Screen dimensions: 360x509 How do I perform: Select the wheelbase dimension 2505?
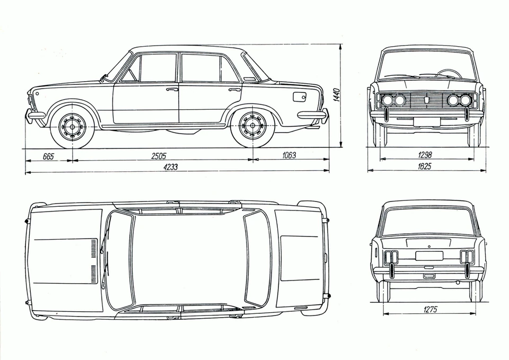coord(159,155)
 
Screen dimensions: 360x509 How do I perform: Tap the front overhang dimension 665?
coord(48,155)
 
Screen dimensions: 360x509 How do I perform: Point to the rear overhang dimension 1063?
coord(288,155)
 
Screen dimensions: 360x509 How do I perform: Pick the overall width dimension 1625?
coord(424,166)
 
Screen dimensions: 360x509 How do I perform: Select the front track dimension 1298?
coord(424,155)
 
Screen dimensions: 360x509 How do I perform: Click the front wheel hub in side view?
coord(72,127)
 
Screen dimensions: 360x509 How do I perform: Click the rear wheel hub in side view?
coord(252,127)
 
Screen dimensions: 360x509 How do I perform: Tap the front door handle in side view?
coord(172,90)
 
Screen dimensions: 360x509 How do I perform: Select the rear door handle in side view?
coord(234,90)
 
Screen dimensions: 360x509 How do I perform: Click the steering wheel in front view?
coord(448,74)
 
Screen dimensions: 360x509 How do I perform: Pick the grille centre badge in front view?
coord(427,99)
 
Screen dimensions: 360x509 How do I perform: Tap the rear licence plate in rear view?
coord(429,256)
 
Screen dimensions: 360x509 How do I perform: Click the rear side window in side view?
coord(200,68)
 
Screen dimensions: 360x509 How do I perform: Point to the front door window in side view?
coord(157,68)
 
